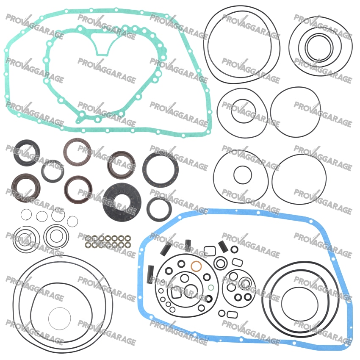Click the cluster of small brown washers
(x=108, y=241)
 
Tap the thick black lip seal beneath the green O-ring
(x=209, y=299)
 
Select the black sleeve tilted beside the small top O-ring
(x=222, y=246)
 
